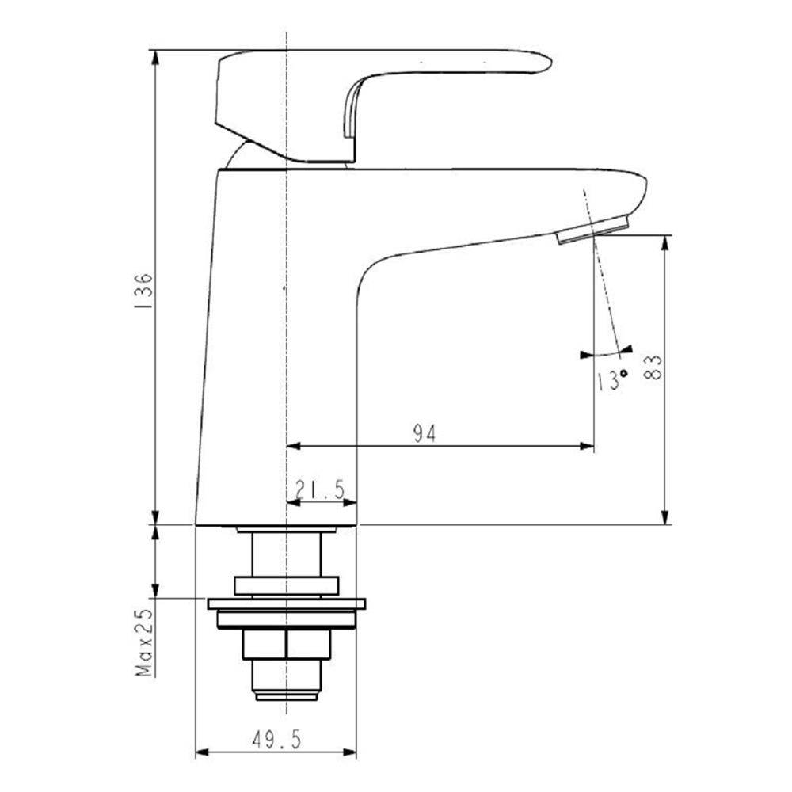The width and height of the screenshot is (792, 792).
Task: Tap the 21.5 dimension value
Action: pyautogui.click(x=319, y=491)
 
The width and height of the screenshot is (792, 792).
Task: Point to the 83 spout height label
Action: pyautogui.click(x=653, y=367)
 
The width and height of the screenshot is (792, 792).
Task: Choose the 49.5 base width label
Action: pyautogui.click(x=276, y=741)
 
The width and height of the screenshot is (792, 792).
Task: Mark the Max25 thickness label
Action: pyautogui.click(x=143, y=642)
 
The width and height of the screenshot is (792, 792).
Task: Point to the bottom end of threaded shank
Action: pyautogui.click(x=287, y=696)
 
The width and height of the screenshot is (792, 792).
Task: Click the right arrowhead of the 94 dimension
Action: pyautogui.click(x=587, y=447)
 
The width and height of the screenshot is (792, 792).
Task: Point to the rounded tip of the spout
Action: pyautogui.click(x=643, y=190)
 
